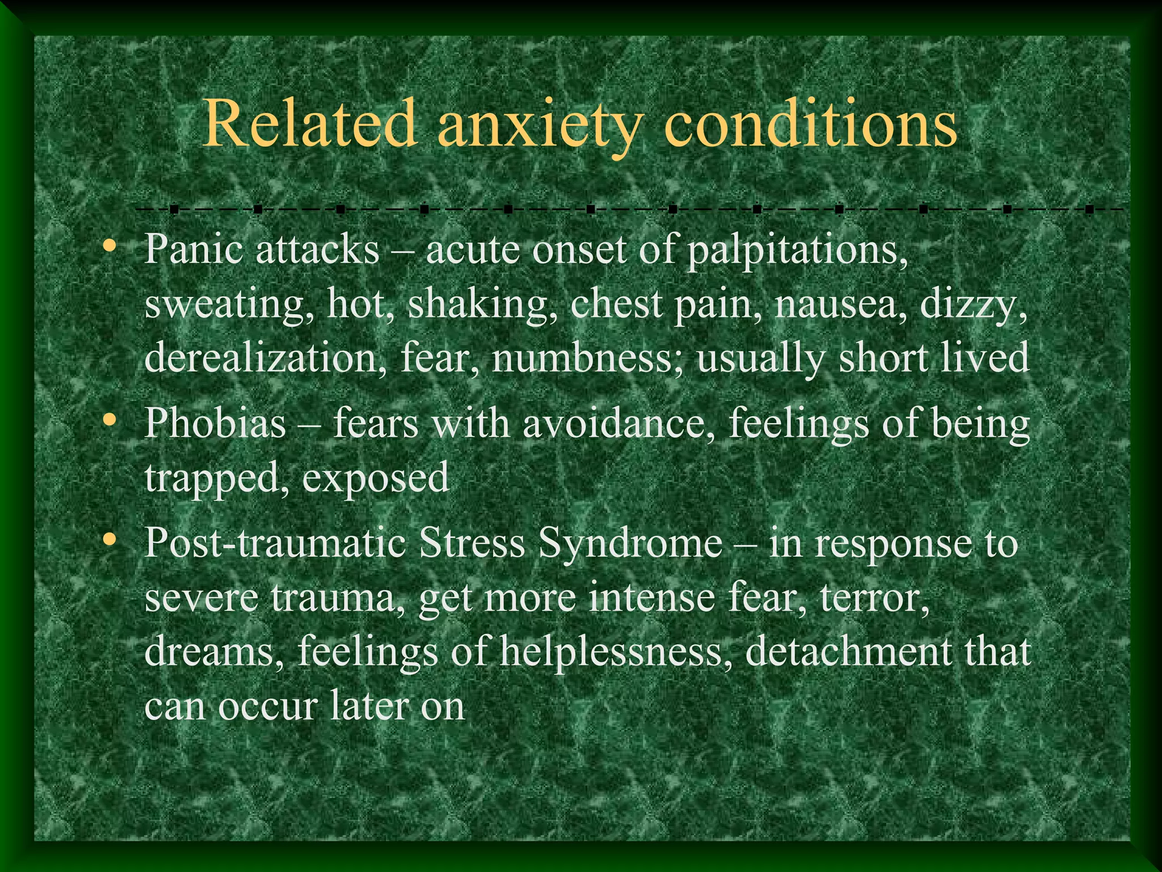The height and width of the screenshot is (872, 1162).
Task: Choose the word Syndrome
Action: [x=630, y=544]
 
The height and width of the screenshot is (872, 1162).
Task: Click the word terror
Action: [x=874, y=597]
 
